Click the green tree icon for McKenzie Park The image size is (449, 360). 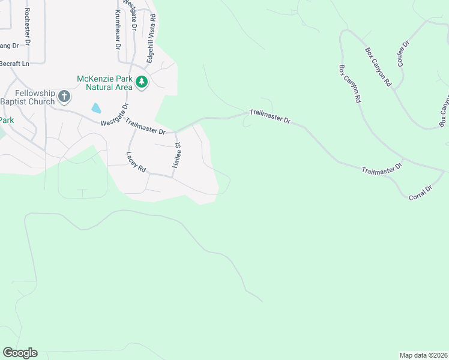coord(142,81)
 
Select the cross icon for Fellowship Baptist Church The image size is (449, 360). coord(64,95)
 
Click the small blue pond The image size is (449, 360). coord(96,108)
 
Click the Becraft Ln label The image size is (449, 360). coord(14,64)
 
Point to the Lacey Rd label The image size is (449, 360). coord(136,162)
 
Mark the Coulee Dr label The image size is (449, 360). coord(403,53)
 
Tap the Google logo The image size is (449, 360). coord(20,352)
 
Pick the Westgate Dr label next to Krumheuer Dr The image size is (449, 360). coord(130,15)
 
